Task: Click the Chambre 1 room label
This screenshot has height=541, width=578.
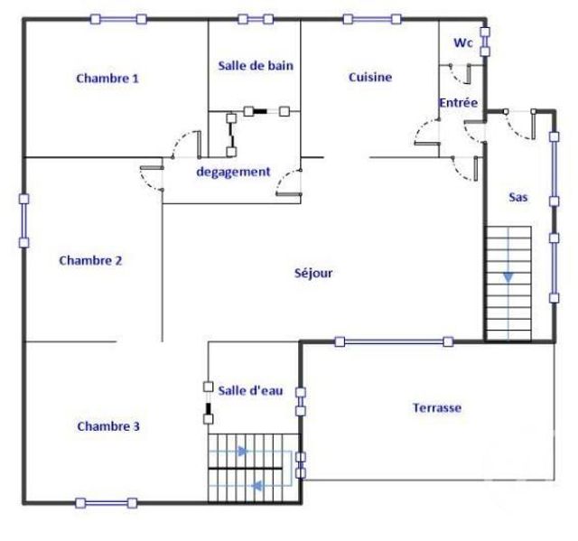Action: (x=107, y=79)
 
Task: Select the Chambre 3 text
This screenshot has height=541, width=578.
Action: (x=107, y=425)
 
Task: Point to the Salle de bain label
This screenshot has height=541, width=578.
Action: (x=256, y=65)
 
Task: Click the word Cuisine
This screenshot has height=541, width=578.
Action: (x=370, y=78)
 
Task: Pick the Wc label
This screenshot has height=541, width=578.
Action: (x=461, y=42)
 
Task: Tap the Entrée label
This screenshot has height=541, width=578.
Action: (x=458, y=104)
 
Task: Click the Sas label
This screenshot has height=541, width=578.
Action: (x=518, y=196)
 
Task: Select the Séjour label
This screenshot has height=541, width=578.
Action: (x=314, y=272)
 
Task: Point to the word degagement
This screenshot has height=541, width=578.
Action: (x=233, y=172)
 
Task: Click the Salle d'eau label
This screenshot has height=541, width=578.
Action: (x=251, y=390)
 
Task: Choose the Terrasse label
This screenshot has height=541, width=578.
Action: (x=437, y=407)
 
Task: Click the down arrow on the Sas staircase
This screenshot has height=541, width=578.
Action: (x=508, y=276)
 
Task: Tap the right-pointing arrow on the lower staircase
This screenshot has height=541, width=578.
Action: (x=241, y=451)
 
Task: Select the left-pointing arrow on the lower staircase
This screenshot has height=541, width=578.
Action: (x=256, y=486)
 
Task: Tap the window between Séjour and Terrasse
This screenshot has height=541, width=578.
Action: (x=393, y=341)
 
